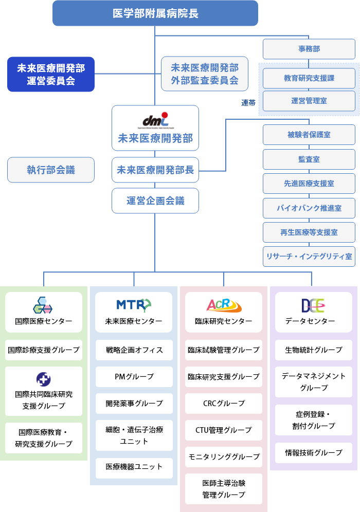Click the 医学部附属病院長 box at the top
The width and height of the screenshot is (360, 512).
pos(155,13)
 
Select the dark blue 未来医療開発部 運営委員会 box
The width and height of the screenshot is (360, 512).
pos(51,74)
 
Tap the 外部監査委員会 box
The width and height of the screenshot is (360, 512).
pos(205,74)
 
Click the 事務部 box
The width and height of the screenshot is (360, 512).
pos(309,49)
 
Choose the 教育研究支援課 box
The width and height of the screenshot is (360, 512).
pos(309,79)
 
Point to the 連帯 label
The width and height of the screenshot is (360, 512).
pos(249,103)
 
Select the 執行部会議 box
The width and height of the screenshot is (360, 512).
pos(51,170)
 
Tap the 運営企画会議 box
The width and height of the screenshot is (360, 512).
pos(155,200)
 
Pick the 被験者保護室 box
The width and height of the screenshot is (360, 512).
pos(309,135)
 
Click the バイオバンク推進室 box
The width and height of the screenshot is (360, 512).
pos(309,208)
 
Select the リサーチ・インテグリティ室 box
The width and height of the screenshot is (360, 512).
pos(309,256)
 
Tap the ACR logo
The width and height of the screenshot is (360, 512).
pos(224,305)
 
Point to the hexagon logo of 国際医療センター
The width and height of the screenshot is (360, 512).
pos(43,305)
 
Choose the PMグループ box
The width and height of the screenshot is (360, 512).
pos(134,377)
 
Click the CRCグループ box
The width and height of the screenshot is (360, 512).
pos(224,404)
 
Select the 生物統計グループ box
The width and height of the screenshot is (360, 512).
pos(314,350)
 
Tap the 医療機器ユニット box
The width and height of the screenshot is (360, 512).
pos(134,467)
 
